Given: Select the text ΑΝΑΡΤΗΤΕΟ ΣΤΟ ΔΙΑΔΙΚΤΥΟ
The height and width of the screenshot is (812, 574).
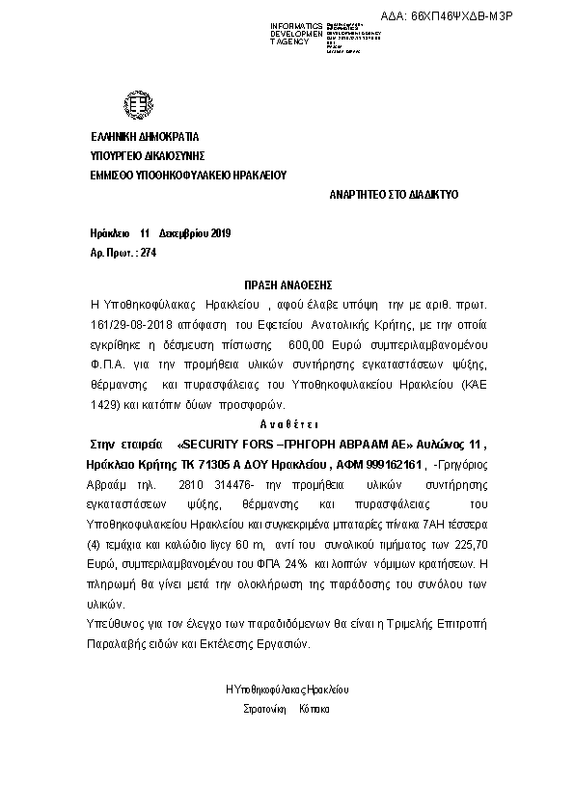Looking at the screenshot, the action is [x=395, y=195].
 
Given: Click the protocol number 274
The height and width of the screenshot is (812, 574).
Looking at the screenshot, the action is [x=148, y=253].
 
